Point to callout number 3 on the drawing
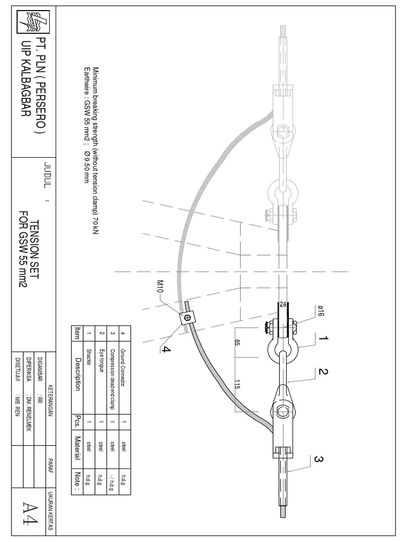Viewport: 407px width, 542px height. click(x=318, y=460)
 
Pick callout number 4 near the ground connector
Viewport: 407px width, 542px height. click(x=165, y=348)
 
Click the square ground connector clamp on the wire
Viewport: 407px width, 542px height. click(x=187, y=318)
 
